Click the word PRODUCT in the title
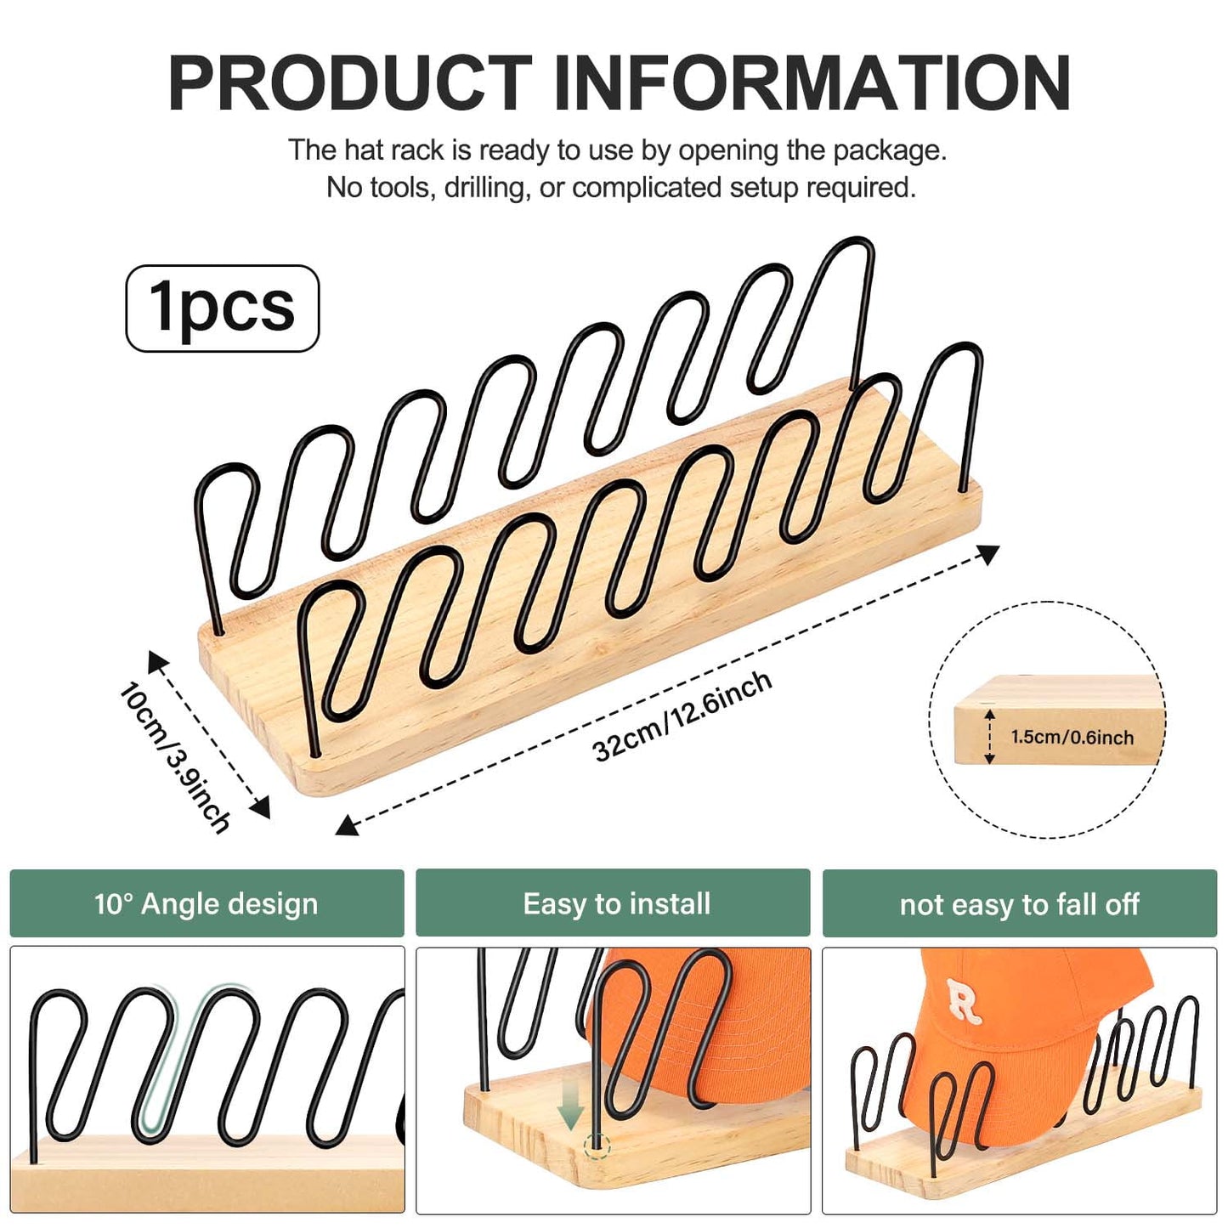click(x=350, y=83)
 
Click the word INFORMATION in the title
click(x=812, y=83)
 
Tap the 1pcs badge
click(x=223, y=308)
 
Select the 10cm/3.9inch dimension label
click(x=174, y=756)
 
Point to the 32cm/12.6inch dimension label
click(x=682, y=716)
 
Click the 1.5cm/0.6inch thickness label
click(x=1072, y=738)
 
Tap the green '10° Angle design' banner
click(x=207, y=903)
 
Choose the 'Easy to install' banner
click(x=616, y=903)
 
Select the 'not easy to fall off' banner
click(x=1019, y=904)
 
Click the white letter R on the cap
click(x=964, y=1000)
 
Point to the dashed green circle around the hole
click(x=597, y=1146)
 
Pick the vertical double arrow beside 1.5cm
click(x=989, y=737)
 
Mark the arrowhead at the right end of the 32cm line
click(x=989, y=554)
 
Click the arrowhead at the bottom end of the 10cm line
click(x=261, y=808)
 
